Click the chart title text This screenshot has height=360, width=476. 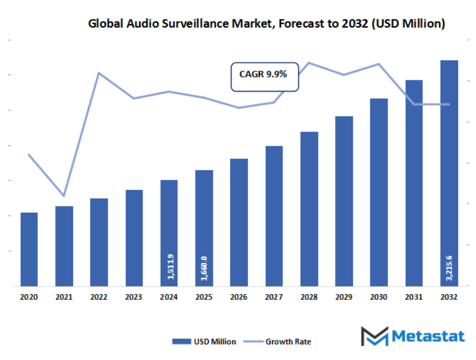point(266,24)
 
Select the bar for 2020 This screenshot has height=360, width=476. point(29,249)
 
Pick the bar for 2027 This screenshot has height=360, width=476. point(274,216)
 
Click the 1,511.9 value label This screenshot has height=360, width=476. point(170,267)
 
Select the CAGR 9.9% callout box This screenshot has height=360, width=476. point(265,75)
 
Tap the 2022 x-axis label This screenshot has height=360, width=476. point(99,297)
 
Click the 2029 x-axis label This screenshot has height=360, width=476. point(344,297)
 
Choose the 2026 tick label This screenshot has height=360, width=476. point(239,297)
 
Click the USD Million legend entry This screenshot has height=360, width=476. point(204,342)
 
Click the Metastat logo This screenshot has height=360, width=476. point(412,336)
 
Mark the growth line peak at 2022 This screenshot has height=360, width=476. point(99,73)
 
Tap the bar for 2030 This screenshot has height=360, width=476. point(379,193)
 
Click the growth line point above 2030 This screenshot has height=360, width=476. point(379,64)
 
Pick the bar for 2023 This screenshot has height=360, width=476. point(134,238)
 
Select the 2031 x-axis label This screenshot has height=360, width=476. point(414,297)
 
